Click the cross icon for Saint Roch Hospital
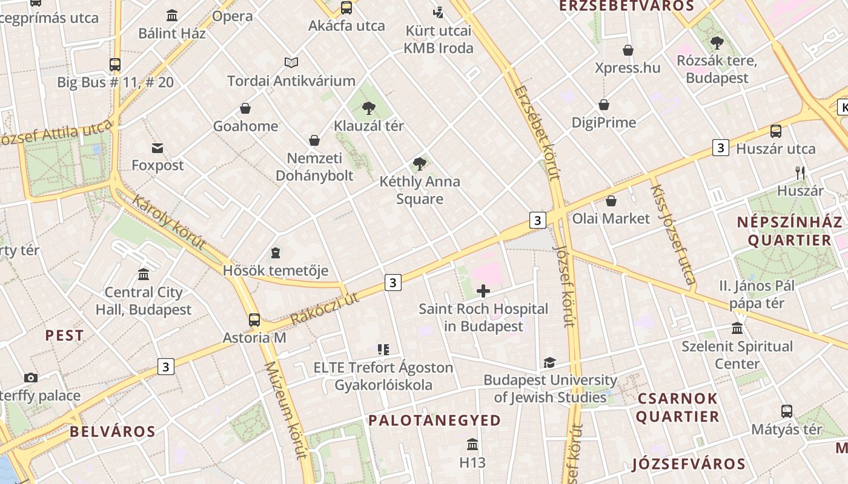[x=483, y=292]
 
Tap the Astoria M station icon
[x=254, y=320]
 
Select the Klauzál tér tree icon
[x=368, y=108]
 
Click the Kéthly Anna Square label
[x=420, y=190]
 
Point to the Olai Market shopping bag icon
[x=611, y=201]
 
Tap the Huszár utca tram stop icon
[x=775, y=131]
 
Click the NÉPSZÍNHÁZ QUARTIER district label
[x=789, y=231]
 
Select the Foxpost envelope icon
[x=157, y=148]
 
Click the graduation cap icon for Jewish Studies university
[x=549, y=362]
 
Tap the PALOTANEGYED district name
[x=434, y=420]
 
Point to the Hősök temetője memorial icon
[x=276, y=252]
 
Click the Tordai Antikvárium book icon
[x=291, y=62]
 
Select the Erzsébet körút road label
[x=537, y=132]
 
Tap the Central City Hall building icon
[x=144, y=275]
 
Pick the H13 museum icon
[x=472, y=445]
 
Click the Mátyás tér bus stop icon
[x=786, y=411]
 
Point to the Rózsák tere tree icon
[x=717, y=43]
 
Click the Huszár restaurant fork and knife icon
[x=800, y=173]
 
